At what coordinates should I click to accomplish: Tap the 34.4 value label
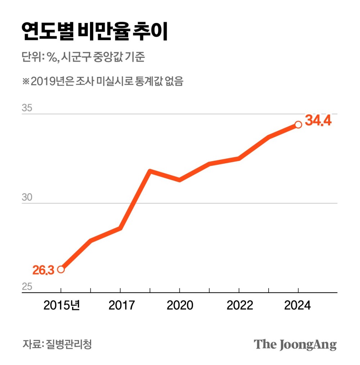(318, 121)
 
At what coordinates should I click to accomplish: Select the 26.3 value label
(43, 270)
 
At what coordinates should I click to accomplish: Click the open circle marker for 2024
(298, 124)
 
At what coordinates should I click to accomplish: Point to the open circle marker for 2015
(61, 269)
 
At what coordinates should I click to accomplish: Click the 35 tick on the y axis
(28, 108)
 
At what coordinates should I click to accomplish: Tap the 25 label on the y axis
(28, 287)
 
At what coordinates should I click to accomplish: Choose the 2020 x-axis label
(180, 306)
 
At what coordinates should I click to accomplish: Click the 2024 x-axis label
(297, 306)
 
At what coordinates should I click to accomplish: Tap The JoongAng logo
(295, 344)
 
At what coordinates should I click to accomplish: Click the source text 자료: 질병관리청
(57, 344)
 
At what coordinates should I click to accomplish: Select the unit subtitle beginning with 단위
(83, 57)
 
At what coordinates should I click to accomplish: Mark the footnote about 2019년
(103, 81)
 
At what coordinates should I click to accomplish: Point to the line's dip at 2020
(180, 179)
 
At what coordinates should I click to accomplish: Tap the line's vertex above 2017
(121, 228)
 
